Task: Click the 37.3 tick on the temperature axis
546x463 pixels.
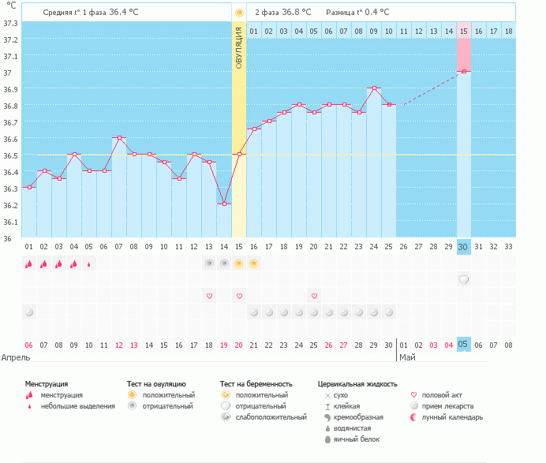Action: click(x=9, y=23)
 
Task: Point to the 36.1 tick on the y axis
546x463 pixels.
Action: click(x=9, y=222)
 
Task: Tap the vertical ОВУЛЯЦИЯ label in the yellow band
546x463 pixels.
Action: click(x=239, y=51)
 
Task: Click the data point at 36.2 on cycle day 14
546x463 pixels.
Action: click(x=224, y=203)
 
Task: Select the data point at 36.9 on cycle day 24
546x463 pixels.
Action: click(x=374, y=88)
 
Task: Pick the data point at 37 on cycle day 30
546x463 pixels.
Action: click(x=464, y=72)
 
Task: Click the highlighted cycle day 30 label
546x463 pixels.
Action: click(x=464, y=247)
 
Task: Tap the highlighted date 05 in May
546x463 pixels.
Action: click(x=464, y=345)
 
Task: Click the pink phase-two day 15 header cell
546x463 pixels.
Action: click(x=464, y=31)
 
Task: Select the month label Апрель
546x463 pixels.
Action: click(x=17, y=357)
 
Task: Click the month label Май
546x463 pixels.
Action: click(x=407, y=357)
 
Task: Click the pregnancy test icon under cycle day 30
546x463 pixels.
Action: click(x=464, y=279)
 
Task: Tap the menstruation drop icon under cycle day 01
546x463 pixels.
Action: click(x=28, y=263)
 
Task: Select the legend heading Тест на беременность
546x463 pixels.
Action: click(x=261, y=383)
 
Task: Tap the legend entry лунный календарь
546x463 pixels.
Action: click(x=452, y=416)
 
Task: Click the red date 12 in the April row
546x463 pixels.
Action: click(x=118, y=345)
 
